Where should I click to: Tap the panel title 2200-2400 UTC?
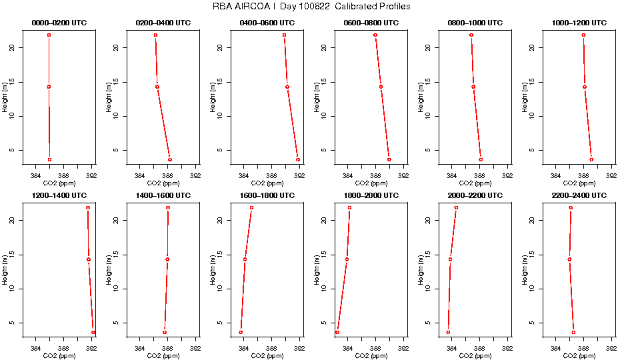point(580,195)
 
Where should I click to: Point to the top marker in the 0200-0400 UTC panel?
point(155,35)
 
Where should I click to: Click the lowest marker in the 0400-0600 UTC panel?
point(298,159)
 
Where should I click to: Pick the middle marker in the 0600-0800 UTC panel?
point(381,87)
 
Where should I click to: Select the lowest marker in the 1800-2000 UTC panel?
point(337,332)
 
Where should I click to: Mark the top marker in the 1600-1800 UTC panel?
point(251,207)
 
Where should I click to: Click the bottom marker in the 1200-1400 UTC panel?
point(93,332)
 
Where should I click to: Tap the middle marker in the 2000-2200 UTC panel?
point(450,259)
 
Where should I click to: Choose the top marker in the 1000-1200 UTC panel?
point(583,35)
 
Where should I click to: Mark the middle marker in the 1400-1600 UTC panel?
point(167,259)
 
